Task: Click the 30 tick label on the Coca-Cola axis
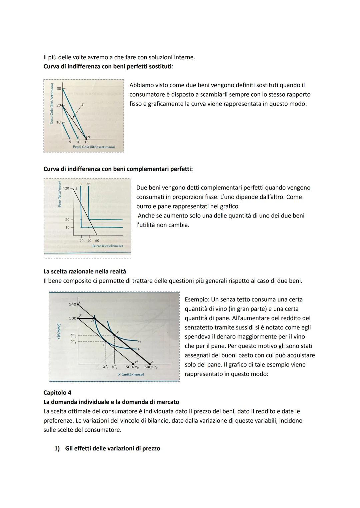(59, 88)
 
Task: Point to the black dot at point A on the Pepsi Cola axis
(86, 139)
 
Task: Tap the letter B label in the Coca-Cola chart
(82, 104)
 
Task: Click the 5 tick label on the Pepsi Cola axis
(70, 142)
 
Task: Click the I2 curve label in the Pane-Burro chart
(88, 184)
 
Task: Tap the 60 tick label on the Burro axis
(97, 241)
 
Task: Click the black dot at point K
(114, 334)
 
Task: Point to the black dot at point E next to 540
(78, 304)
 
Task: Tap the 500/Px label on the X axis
(132, 367)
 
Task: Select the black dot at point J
(105, 341)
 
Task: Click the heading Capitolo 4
(57, 392)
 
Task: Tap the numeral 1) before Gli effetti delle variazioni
(57, 448)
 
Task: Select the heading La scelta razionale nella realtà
(85, 271)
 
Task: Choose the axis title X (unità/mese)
(131, 374)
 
